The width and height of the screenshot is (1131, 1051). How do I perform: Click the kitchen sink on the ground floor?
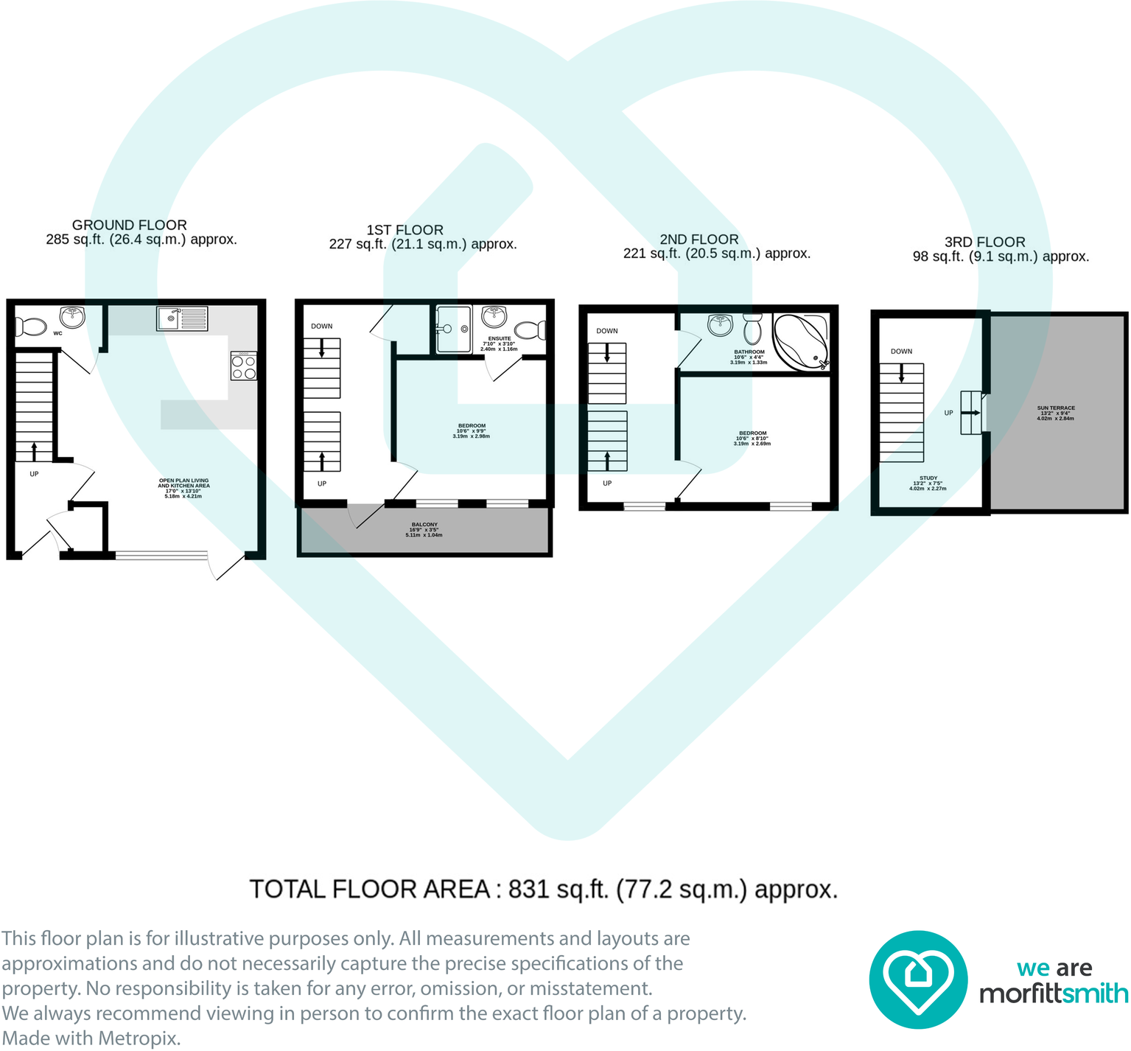tap(182, 318)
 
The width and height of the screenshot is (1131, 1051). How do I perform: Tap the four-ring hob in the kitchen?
tap(244, 366)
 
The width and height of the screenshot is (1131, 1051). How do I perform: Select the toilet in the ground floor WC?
tap(29, 326)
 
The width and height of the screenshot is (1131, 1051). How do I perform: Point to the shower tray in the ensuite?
tap(453, 329)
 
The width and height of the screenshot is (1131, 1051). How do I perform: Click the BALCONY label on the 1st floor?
tap(424, 525)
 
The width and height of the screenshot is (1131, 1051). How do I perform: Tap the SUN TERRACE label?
tap(1056, 408)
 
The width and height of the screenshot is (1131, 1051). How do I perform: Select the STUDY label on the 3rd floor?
tap(928, 478)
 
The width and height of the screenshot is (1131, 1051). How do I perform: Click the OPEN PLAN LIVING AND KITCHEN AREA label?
tap(183, 483)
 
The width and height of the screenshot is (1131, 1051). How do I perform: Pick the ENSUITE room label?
tap(499, 338)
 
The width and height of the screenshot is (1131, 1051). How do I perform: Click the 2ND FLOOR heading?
tap(698, 240)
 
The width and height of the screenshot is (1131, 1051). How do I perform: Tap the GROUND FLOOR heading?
tap(129, 225)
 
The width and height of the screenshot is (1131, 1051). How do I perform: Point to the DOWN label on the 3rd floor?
tap(901, 352)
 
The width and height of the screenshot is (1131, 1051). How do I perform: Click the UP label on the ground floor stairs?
tap(34, 474)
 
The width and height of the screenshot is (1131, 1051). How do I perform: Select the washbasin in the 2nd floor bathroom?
tap(720, 324)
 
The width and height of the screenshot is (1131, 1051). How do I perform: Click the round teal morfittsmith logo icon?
tap(917, 980)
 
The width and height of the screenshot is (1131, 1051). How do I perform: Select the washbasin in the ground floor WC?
tap(72, 318)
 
